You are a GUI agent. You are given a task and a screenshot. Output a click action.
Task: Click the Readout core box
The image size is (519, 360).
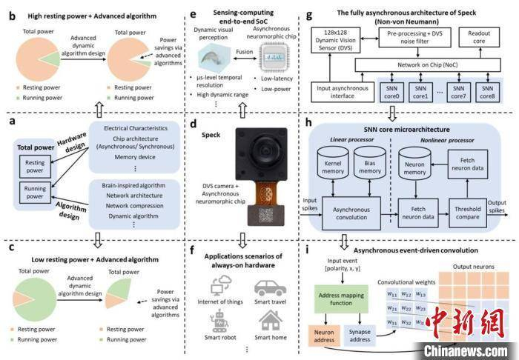[479, 38]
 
